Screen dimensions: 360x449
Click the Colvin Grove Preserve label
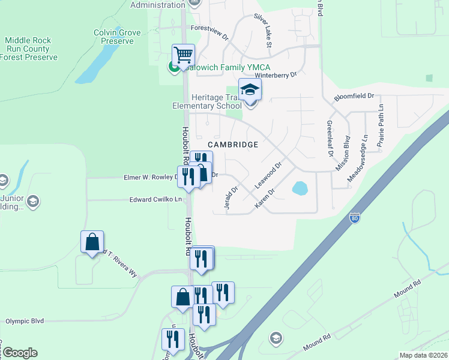117,37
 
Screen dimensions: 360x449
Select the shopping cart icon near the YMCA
183,56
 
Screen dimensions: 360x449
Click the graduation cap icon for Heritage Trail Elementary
250,91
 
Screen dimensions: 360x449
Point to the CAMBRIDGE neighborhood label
233,145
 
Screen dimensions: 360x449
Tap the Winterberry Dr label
276,76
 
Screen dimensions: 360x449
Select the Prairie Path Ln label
381,125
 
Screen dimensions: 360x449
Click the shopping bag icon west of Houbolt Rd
92,242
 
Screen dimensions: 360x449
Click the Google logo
20,353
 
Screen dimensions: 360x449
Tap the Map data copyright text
423,355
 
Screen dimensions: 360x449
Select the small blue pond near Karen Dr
300,188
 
